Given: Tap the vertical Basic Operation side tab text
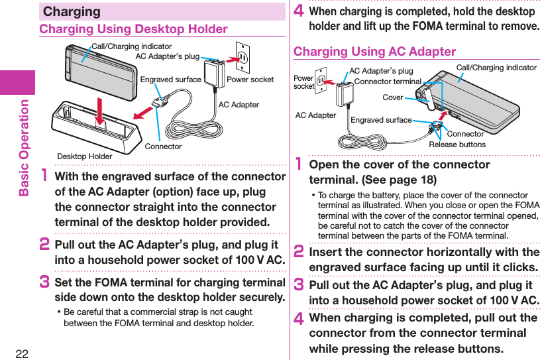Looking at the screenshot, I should [x=25, y=147].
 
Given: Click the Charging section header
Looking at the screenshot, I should [x=72, y=11].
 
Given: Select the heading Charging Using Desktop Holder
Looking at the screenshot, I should [x=133, y=29].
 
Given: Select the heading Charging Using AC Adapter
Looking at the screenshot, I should [x=374, y=52].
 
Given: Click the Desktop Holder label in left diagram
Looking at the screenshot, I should [x=84, y=156].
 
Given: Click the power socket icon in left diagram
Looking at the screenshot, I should [x=243, y=59].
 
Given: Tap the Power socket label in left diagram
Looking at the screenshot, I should [x=250, y=80].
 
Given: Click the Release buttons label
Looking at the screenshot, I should [x=457, y=145].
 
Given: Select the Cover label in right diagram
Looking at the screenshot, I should [x=392, y=97].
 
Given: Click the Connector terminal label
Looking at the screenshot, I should [x=388, y=82].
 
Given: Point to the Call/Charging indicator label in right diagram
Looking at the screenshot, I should [x=496, y=68].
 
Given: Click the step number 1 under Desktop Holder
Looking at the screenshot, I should [x=46, y=178].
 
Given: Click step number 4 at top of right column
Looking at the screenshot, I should [x=299, y=12].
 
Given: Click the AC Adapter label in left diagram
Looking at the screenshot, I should [x=239, y=105].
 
